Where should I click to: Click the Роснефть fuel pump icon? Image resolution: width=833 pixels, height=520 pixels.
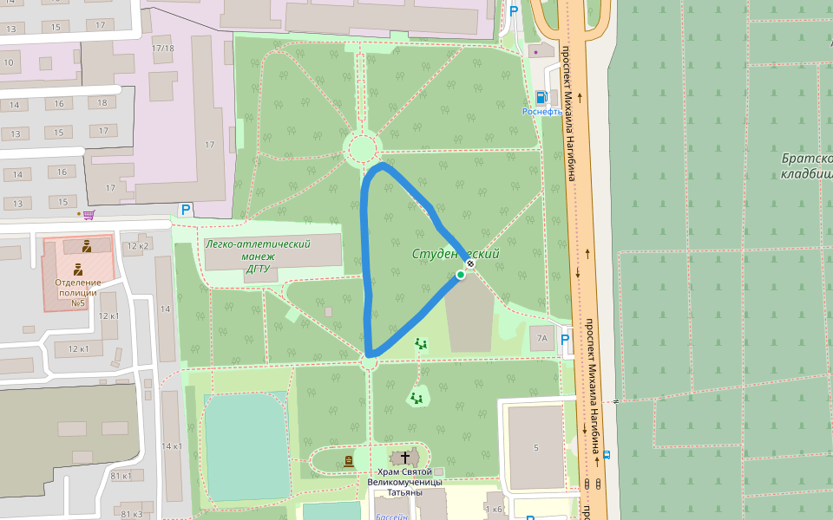pos(541,97)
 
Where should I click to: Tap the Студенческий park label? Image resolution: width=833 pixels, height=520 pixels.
pos(456,254)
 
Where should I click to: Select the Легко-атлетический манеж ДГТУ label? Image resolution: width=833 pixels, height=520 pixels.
pos(258,257)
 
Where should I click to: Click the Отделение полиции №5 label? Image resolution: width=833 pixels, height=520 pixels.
pos(77,292)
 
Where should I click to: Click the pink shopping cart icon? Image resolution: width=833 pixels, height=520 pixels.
pos(89,213)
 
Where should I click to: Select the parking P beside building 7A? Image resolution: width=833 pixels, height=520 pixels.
pos(566,339)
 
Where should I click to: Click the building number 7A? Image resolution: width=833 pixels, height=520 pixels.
pos(542,339)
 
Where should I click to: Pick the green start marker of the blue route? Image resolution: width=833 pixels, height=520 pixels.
pos(461,275)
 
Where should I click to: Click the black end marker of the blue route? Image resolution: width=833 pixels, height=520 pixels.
pos(469,263)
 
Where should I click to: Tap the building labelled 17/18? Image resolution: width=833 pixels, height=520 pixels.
pos(162,48)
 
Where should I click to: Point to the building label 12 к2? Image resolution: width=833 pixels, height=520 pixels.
pos(138,246)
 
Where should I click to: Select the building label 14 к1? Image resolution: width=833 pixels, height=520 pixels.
pos(171,446)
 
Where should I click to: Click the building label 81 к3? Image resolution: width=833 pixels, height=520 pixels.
pos(132,515)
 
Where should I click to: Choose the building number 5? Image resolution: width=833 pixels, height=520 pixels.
pos(536,447)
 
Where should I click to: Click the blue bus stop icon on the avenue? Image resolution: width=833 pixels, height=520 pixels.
pos(607,454)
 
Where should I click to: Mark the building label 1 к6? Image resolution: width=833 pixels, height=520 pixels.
pos(495,509)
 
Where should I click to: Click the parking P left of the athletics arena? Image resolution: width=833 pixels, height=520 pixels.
pos(185,209)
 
